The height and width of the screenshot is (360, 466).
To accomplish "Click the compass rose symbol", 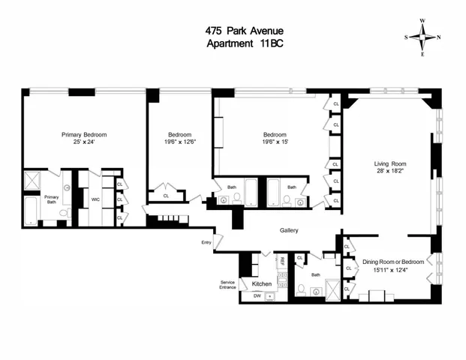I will tap(422, 36).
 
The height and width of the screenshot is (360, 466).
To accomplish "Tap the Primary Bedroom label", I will tap(84, 135).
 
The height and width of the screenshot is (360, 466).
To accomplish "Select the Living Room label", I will tap(390, 163).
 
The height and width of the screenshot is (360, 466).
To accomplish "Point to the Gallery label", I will tap(289, 230).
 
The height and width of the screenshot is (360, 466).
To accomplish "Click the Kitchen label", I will tap(261, 284).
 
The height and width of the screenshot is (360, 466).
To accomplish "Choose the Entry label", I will tap(206, 242).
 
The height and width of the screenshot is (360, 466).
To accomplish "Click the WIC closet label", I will tap(95, 199).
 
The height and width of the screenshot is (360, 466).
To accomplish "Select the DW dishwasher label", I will tap(257, 296).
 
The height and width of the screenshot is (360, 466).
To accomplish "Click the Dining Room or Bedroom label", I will tap(394, 262).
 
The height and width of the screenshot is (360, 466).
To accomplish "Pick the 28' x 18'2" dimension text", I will tap(390, 171).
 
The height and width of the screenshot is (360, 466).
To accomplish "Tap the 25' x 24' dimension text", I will tap(84, 142).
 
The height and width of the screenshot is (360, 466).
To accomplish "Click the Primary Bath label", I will tap(51, 199).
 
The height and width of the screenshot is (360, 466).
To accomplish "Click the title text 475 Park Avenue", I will tap(233, 31).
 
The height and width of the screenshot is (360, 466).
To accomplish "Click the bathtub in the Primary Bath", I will tap(31, 211).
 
